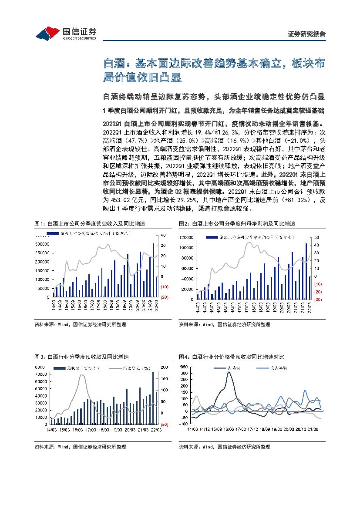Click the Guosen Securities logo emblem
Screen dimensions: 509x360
(x=47, y=33)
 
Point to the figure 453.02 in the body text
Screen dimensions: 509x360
(x=121, y=200)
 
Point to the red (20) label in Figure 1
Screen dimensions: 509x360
(x=165, y=297)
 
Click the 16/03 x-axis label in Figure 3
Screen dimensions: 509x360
(x=77, y=430)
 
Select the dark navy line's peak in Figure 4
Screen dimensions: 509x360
(x=229, y=372)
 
